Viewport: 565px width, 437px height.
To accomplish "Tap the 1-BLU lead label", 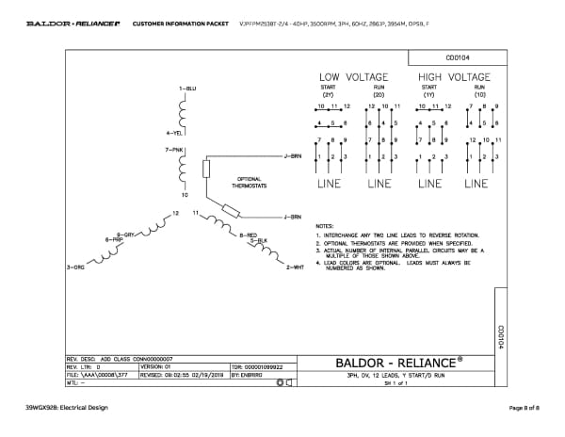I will click(186, 88).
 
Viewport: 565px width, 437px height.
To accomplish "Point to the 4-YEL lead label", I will click(173, 134).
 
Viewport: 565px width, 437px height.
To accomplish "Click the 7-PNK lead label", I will click(174, 150).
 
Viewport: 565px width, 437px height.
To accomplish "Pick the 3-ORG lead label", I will click(74, 268).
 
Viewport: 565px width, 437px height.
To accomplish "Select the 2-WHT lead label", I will click(293, 268).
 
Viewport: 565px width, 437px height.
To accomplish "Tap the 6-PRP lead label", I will click(114, 241).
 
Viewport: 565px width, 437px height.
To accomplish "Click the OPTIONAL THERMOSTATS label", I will click(250, 183).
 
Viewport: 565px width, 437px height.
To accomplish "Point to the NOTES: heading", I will click(325, 227).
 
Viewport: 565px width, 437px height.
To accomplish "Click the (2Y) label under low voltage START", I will click(329, 95).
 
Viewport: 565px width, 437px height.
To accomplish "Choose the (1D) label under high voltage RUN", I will click(479, 95).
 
